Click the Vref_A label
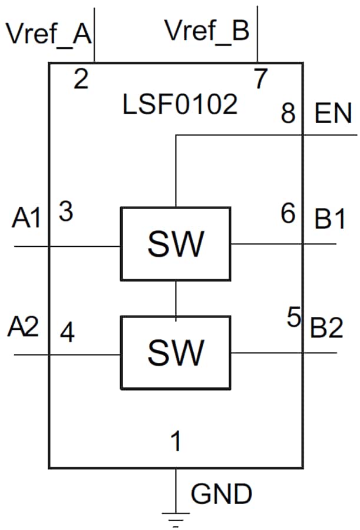48,34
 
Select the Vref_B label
207,31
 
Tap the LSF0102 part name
180,105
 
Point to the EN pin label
333,114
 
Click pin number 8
288,113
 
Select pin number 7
260,78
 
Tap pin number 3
66,212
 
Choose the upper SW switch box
176,243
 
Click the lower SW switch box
176,352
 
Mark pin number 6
288,214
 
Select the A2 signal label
24,327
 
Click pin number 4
68,334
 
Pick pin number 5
294,318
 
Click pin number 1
175,442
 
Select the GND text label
222,494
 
